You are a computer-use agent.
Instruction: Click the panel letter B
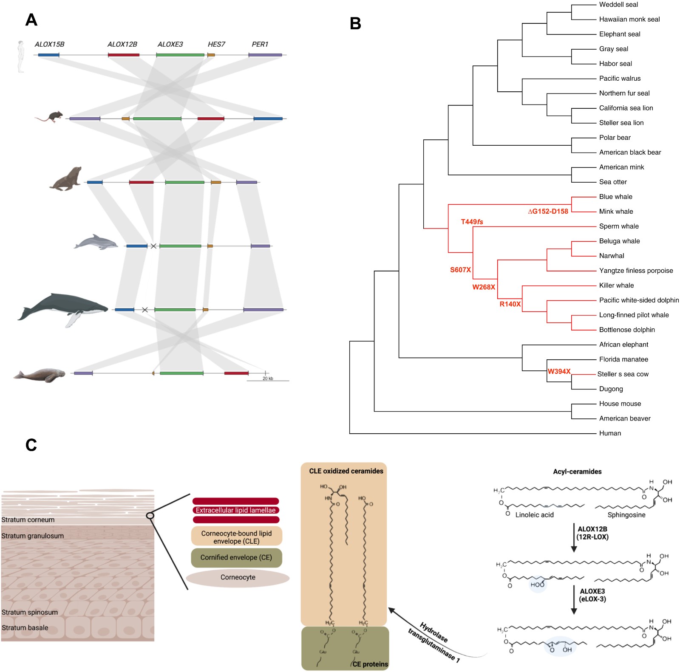tap(355, 24)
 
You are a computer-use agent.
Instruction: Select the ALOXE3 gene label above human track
tap(170, 44)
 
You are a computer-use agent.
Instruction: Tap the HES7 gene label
tap(216, 44)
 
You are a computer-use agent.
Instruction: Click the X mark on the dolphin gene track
tap(153, 246)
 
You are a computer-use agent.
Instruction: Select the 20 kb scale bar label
tap(268, 378)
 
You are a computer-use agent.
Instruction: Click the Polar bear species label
tap(615, 138)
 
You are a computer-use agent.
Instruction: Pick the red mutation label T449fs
tap(472, 222)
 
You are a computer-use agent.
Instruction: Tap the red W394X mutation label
tap(559, 371)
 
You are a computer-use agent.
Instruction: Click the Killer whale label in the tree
tap(616, 285)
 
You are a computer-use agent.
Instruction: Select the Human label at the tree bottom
tap(610, 433)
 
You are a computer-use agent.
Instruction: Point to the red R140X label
tap(510, 304)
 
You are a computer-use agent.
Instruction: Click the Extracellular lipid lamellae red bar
tap(236, 510)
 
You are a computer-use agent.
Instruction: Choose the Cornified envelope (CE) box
tap(236, 557)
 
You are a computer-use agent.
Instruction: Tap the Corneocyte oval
tap(238, 577)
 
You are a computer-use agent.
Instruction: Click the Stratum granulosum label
tap(33, 536)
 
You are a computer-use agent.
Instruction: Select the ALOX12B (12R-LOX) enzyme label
tap(592, 533)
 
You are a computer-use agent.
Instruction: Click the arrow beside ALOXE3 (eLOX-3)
tap(574, 599)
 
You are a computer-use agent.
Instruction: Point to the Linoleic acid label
tap(534, 515)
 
